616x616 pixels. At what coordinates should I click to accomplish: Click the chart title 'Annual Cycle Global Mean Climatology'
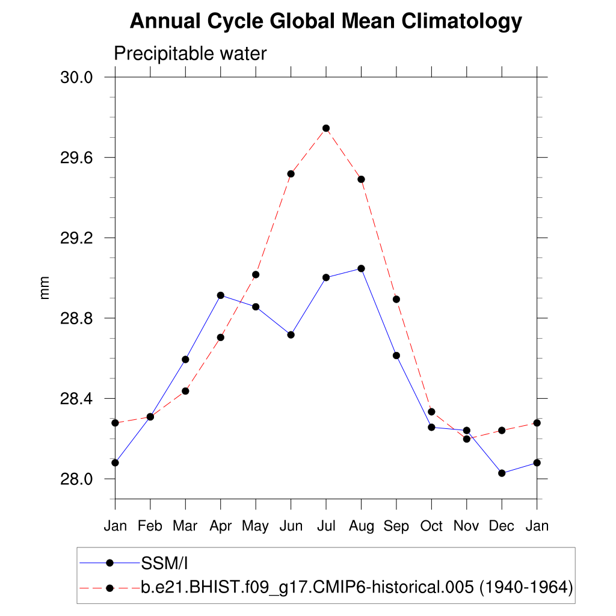325,22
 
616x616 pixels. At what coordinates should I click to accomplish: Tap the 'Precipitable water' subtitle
190,54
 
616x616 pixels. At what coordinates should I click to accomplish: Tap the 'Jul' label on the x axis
326,526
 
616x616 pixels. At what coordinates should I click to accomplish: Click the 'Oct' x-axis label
431,526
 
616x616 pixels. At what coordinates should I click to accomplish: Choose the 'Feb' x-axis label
150,526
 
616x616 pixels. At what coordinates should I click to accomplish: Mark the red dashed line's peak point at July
326,128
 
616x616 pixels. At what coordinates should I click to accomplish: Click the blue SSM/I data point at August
361,268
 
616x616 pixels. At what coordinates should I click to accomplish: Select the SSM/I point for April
221,295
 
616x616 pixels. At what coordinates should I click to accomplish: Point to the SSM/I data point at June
291,334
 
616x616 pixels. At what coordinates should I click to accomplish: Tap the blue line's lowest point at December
502,473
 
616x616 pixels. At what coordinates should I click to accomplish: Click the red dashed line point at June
291,174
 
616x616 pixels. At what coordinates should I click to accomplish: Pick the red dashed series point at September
396,299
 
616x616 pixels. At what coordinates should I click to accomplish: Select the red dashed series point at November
466,439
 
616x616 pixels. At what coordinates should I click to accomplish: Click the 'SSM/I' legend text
165,563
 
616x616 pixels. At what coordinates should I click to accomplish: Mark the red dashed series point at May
256,274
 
